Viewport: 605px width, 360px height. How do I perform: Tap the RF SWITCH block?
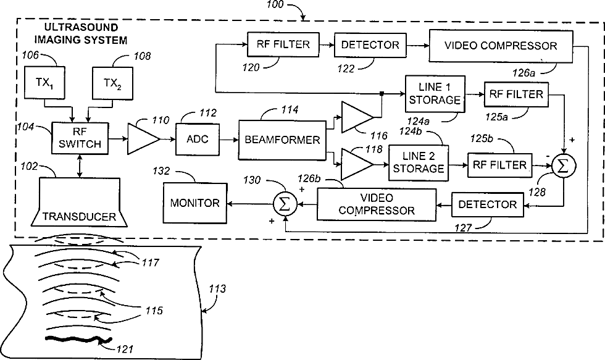(x=79, y=138)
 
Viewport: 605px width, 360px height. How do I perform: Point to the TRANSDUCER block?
(x=79, y=201)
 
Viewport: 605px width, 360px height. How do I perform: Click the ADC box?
(x=197, y=139)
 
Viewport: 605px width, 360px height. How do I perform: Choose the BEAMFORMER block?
(x=281, y=139)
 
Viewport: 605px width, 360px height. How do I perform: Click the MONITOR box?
(x=194, y=203)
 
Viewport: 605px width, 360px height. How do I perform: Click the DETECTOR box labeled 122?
(x=370, y=44)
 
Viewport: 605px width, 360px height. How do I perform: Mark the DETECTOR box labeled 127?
(x=487, y=204)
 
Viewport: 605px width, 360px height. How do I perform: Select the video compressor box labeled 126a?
(x=500, y=45)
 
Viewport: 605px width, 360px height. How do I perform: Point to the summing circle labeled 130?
(x=283, y=204)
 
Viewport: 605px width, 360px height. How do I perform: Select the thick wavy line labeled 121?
(x=77, y=339)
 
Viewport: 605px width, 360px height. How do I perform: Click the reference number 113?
(x=217, y=288)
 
